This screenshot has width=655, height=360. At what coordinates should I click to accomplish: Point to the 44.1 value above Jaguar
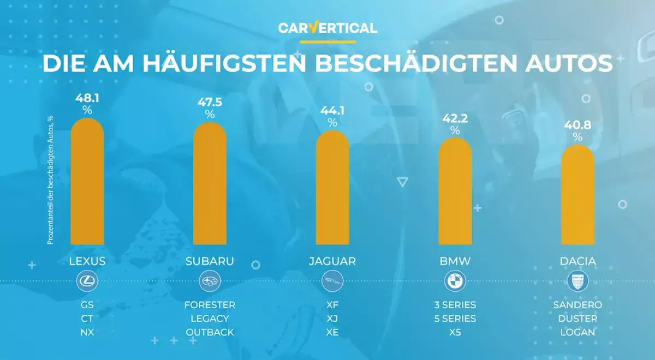click(332, 111)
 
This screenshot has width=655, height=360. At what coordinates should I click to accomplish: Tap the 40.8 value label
click(577, 125)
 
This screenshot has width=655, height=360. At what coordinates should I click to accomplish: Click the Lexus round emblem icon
click(87, 282)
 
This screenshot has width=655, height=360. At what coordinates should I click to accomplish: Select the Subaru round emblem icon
click(210, 282)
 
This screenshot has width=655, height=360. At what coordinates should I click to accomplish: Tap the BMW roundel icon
click(455, 282)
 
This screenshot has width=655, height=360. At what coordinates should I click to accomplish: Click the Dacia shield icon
click(577, 282)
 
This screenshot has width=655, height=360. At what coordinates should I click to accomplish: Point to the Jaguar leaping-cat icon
click(332, 282)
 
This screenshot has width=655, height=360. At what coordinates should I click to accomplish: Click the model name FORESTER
click(210, 305)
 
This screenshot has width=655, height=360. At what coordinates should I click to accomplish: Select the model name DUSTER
click(577, 319)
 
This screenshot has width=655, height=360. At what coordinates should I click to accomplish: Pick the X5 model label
click(455, 332)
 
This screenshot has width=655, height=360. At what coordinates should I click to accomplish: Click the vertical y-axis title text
click(50, 180)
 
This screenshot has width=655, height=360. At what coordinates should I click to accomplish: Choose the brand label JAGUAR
click(332, 261)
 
